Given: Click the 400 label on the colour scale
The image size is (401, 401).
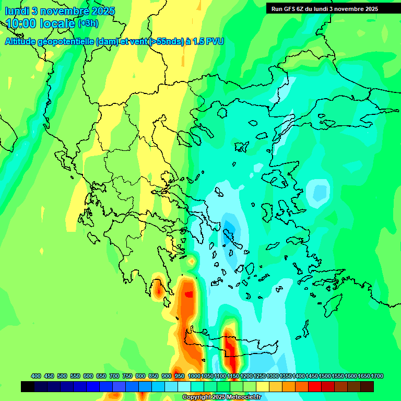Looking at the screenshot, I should coord(36,376).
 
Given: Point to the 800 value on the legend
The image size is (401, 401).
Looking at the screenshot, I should coord(140,376).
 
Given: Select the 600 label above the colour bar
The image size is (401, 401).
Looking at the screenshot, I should coord(88,376).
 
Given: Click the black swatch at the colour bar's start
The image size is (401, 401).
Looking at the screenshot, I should coord(28,387).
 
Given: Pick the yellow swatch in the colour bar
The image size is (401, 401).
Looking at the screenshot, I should coord(263,387).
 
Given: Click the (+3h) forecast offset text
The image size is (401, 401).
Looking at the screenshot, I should coord(88,23).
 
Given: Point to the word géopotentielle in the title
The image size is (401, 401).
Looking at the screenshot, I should coord(67,41).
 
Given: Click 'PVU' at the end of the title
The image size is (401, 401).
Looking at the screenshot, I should coord(214,41).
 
